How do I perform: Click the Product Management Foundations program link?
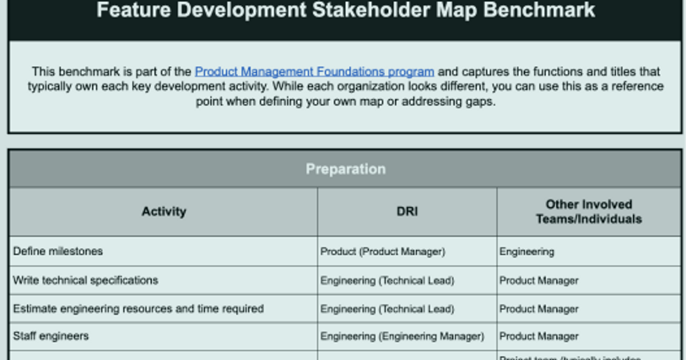[x=314, y=72]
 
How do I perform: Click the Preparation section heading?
[x=345, y=169]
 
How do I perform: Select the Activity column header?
[x=163, y=211]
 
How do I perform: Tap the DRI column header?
[x=407, y=211]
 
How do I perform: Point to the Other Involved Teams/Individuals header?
[x=589, y=211]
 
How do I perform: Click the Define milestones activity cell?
[x=58, y=251]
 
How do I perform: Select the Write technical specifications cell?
[x=85, y=281]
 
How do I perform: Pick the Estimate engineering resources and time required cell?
[x=138, y=309]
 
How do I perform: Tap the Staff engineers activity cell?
[x=51, y=336]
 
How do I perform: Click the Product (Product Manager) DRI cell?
[x=382, y=251]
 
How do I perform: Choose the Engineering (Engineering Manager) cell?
[x=402, y=337]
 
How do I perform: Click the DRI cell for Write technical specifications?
[x=387, y=281]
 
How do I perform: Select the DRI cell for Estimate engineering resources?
[x=387, y=309]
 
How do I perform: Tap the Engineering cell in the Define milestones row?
[x=527, y=251]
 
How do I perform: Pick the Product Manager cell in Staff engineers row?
[x=539, y=337]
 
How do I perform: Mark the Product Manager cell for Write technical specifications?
[x=539, y=281]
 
